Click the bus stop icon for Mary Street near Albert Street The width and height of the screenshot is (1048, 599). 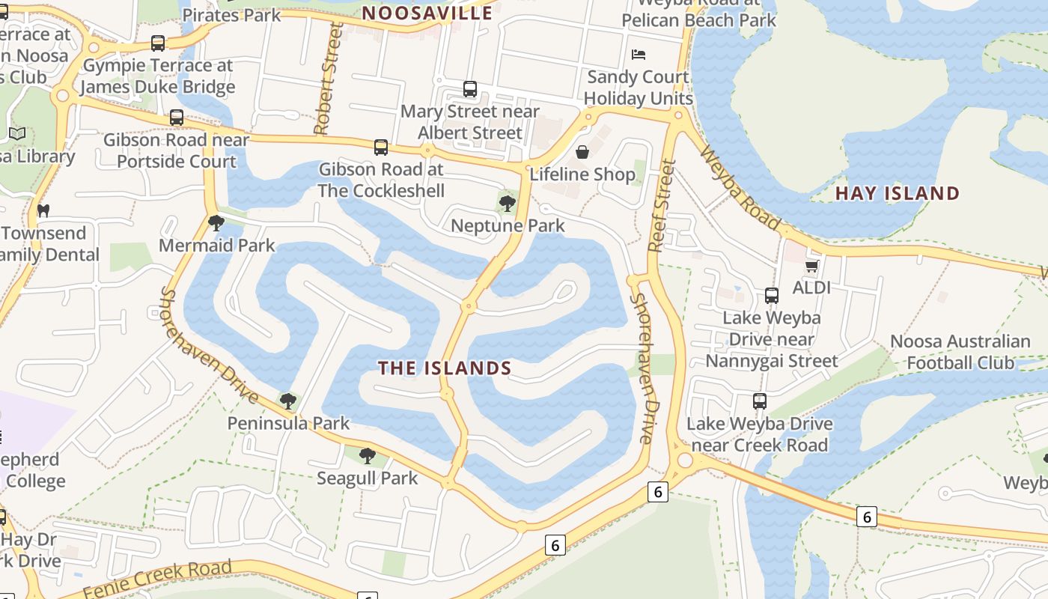[470, 89]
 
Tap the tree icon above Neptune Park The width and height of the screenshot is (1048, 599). [508, 203]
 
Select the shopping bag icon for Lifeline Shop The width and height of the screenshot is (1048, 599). [582, 152]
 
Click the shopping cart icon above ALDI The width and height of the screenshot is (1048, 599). [811, 266]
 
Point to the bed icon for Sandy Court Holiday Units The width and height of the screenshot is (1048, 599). [639, 54]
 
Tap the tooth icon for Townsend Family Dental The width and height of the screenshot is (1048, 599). [43, 210]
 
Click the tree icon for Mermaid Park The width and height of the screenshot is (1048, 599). [216, 222]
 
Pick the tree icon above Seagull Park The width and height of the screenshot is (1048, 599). [367, 455]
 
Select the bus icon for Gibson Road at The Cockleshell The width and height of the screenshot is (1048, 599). [381, 147]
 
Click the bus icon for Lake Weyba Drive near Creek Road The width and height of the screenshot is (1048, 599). [760, 401]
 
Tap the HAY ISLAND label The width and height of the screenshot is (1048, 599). [897, 193]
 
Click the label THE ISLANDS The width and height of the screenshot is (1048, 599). [445, 368]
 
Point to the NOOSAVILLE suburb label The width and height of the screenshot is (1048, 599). [427, 13]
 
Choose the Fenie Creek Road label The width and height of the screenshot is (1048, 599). [157, 580]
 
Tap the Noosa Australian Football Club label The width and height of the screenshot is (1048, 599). [960, 352]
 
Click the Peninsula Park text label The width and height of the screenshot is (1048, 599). [288, 423]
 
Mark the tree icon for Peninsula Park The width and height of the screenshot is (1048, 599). [287, 401]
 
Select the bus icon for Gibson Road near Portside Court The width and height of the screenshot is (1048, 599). [177, 118]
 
